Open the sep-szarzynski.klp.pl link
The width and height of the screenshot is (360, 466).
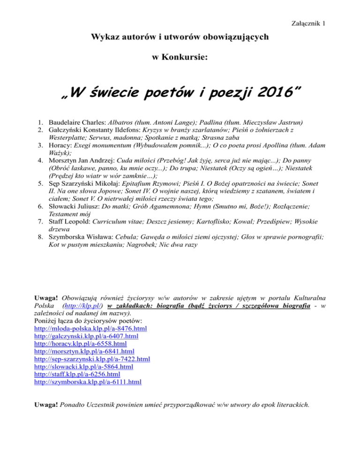point(92,359)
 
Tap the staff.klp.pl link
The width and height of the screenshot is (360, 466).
point(77,374)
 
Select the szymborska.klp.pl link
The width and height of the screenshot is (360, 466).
point(88,382)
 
